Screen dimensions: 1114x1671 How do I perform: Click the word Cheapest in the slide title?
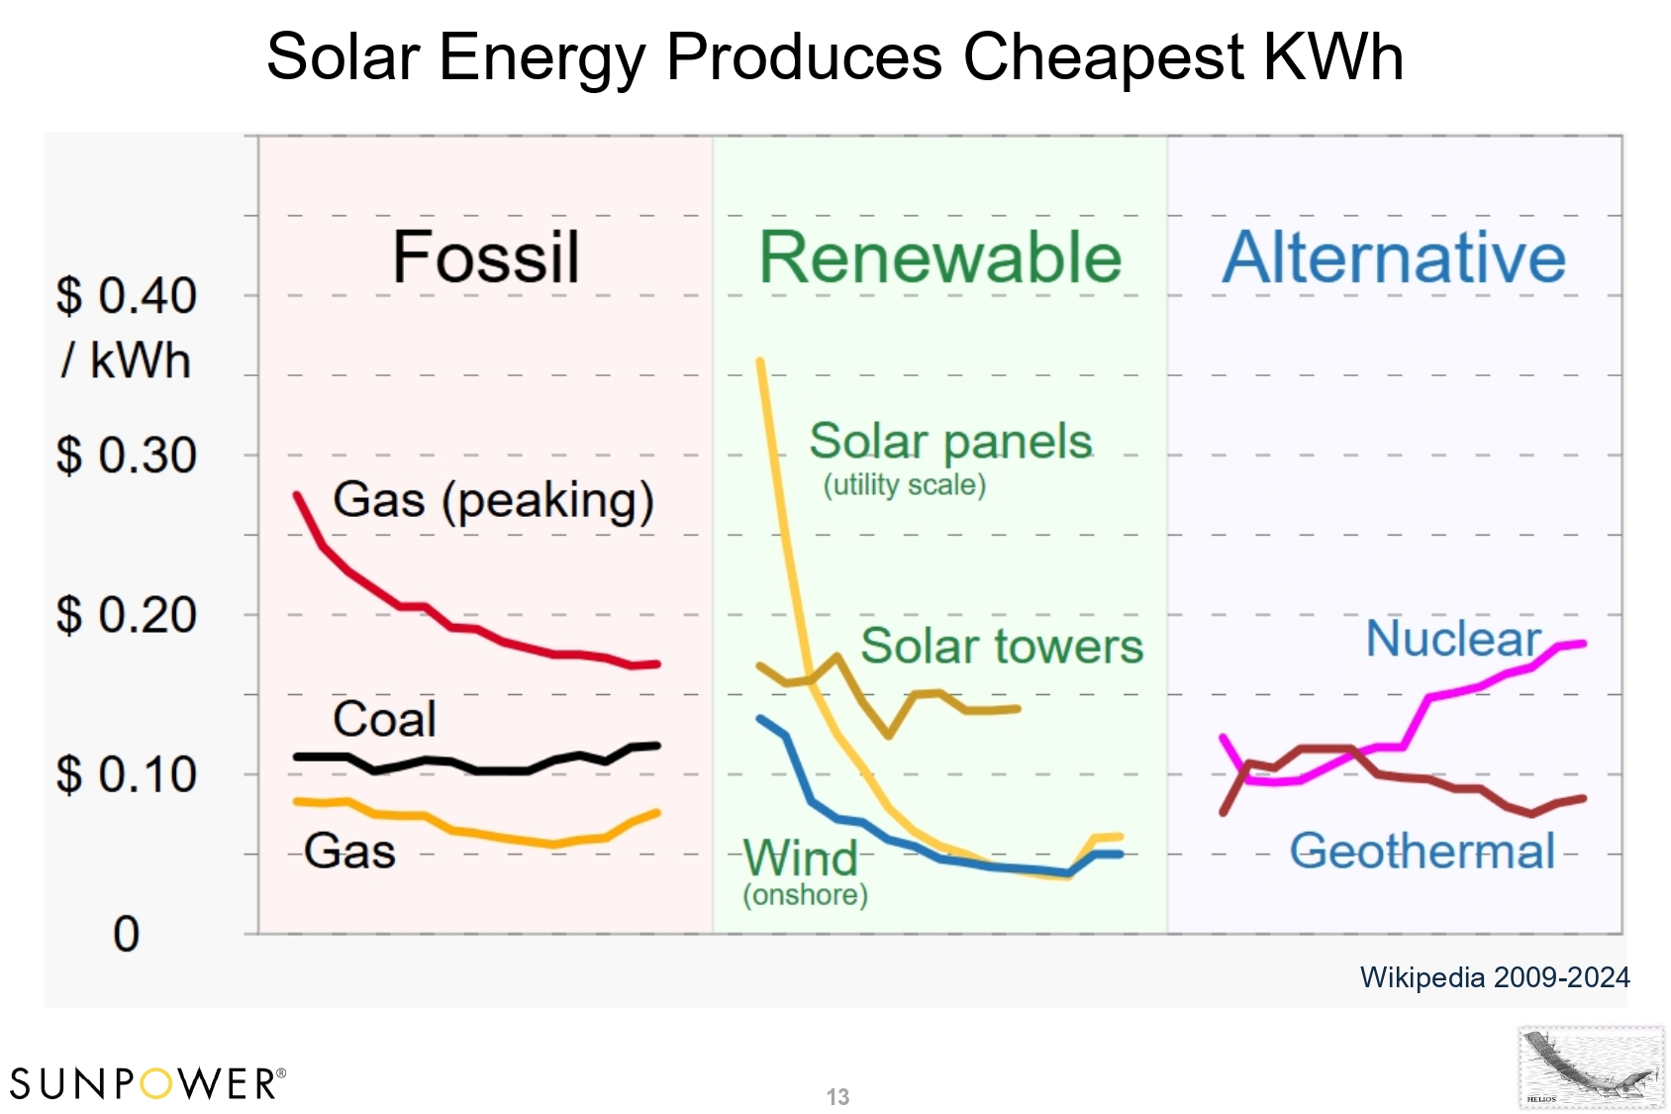point(1103,56)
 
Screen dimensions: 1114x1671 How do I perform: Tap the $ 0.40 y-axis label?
point(127,296)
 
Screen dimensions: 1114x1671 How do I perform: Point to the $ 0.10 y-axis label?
point(127,774)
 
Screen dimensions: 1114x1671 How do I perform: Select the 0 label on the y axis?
point(127,934)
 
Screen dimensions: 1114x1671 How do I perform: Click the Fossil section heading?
point(485,257)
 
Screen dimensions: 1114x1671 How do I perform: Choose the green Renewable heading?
point(939,257)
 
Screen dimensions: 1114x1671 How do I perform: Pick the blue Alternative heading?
point(1394,257)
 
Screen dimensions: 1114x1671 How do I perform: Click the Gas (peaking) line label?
point(493,500)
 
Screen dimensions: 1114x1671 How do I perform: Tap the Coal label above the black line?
point(384,719)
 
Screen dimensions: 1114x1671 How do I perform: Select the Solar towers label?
point(1002,647)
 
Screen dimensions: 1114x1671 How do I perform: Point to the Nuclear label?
point(1453,639)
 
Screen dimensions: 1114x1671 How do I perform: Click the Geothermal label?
point(1423,852)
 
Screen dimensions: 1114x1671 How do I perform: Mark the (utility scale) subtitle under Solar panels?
point(905,485)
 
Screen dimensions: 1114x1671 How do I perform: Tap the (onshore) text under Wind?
point(805,895)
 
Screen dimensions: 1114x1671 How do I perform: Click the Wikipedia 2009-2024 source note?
point(1495,977)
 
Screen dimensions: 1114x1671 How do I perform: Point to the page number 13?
point(837,1097)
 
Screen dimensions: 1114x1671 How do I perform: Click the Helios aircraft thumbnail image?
point(1591,1067)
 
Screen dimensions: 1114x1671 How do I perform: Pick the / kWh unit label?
point(126,360)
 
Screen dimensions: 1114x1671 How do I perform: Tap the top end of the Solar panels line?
point(760,362)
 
